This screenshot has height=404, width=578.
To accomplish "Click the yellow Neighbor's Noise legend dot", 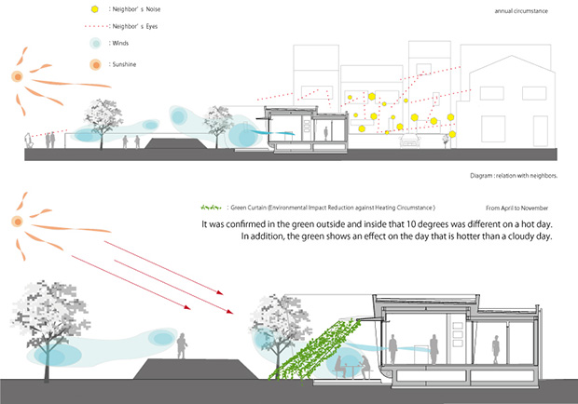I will [x=95, y=9].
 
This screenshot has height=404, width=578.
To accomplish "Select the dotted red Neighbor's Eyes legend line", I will [x=95, y=28].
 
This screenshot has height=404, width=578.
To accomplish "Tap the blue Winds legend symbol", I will [x=95, y=45].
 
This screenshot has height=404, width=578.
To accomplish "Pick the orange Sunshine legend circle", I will [x=95, y=63].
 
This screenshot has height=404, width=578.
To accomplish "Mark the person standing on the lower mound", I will [x=183, y=346].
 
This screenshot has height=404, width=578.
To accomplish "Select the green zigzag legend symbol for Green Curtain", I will [x=212, y=207].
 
